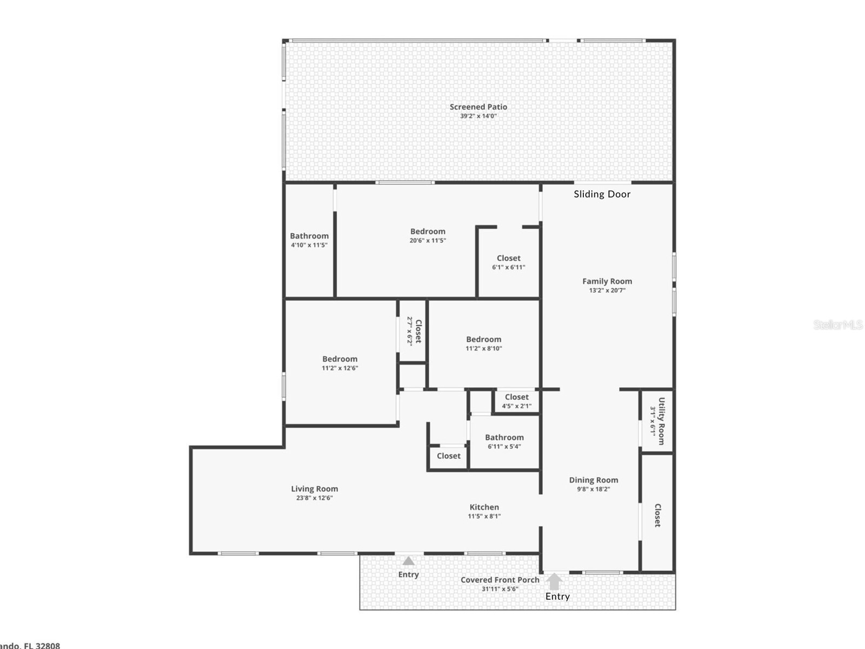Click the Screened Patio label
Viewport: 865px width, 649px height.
click(x=478, y=107)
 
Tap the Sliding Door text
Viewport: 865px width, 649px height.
click(x=602, y=194)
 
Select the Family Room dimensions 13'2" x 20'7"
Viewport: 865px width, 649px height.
click(x=607, y=290)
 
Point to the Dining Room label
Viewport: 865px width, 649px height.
click(x=593, y=480)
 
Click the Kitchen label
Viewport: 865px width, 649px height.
click(x=484, y=507)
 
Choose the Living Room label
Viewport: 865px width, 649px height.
click(x=314, y=489)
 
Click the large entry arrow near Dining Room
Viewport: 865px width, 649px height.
click(x=554, y=581)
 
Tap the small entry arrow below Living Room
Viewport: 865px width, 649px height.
click(x=408, y=561)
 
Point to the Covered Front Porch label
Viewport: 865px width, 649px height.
click(x=500, y=580)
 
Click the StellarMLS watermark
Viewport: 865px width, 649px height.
click(x=838, y=325)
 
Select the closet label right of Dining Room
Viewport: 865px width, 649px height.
click(x=657, y=515)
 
